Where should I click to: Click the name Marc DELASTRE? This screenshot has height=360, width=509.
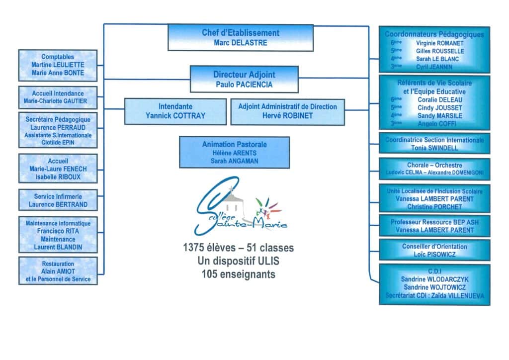click(x=241, y=43)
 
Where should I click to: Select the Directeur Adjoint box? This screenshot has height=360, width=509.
click(x=244, y=79)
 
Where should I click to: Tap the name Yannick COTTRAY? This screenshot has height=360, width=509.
click(x=175, y=116)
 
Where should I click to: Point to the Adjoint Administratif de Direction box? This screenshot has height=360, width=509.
click(x=287, y=111)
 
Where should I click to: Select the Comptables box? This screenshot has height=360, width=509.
click(x=58, y=65)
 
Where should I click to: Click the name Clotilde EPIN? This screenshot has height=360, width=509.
click(x=58, y=142)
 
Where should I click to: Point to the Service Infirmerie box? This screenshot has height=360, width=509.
click(x=58, y=200)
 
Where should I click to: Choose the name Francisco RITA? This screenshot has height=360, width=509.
click(x=58, y=231)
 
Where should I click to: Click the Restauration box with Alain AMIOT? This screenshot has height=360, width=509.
click(x=58, y=271)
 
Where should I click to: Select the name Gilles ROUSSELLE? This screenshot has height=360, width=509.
click(x=440, y=51)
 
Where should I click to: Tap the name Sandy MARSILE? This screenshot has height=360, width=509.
click(x=440, y=116)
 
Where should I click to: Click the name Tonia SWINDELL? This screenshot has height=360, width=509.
click(x=434, y=148)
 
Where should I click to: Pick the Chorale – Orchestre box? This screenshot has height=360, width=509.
click(x=434, y=169)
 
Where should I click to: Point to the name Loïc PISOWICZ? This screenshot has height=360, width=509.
click(x=434, y=254)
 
